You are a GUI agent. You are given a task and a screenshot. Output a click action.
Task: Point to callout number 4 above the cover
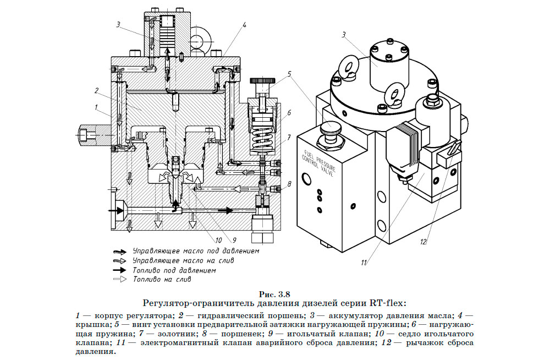click(244, 25)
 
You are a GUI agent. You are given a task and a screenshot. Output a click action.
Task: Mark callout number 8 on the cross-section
click(289, 183)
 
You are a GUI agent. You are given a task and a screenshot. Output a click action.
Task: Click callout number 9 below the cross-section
click(234, 240)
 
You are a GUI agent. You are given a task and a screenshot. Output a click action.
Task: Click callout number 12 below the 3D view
click(423, 241)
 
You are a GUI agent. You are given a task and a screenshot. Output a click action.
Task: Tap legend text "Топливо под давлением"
click(174, 270)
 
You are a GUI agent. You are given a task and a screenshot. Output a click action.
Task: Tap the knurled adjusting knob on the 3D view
click(331, 130)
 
